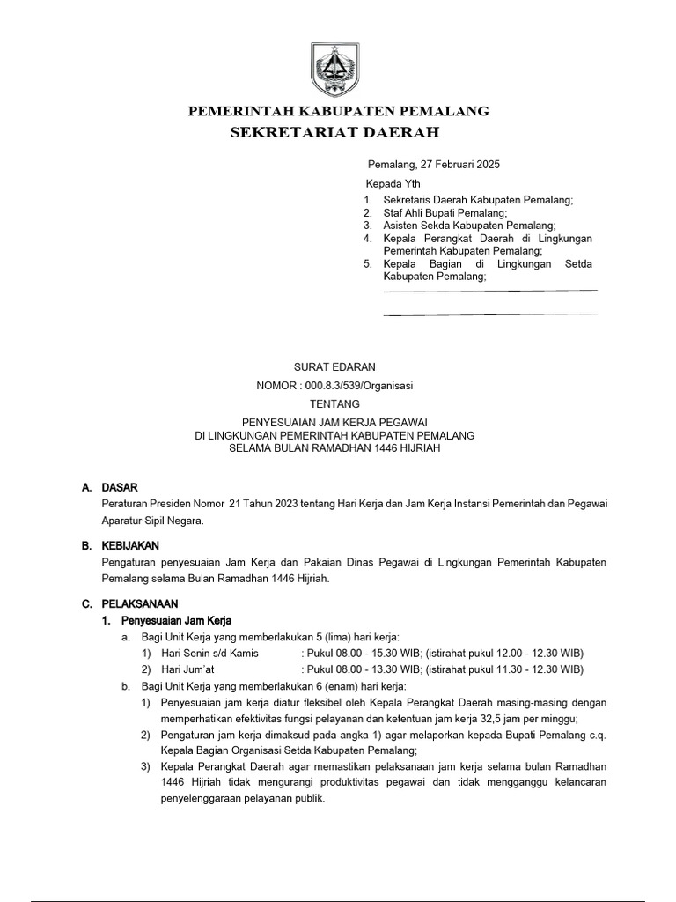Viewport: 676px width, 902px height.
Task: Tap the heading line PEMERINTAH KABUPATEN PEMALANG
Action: (340, 111)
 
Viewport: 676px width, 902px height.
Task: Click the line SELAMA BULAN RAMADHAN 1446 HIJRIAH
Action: (334, 448)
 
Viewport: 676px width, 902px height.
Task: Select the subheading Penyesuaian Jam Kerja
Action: (176, 620)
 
